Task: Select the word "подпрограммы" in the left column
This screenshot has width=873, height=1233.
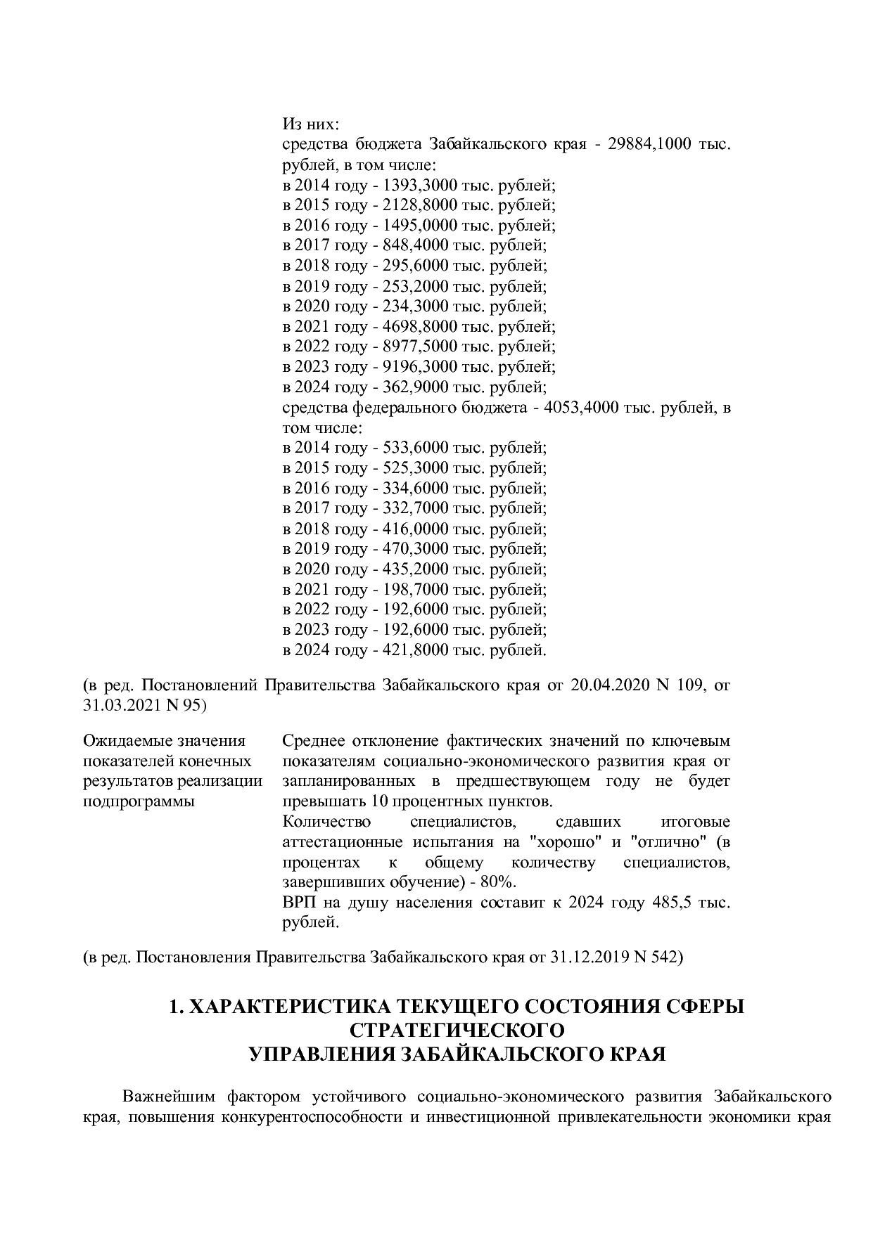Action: pyautogui.click(x=139, y=802)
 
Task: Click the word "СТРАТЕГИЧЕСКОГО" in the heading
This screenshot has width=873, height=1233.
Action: pyautogui.click(x=457, y=1030)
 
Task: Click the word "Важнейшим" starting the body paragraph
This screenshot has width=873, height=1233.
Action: pyautogui.click(x=169, y=1097)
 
